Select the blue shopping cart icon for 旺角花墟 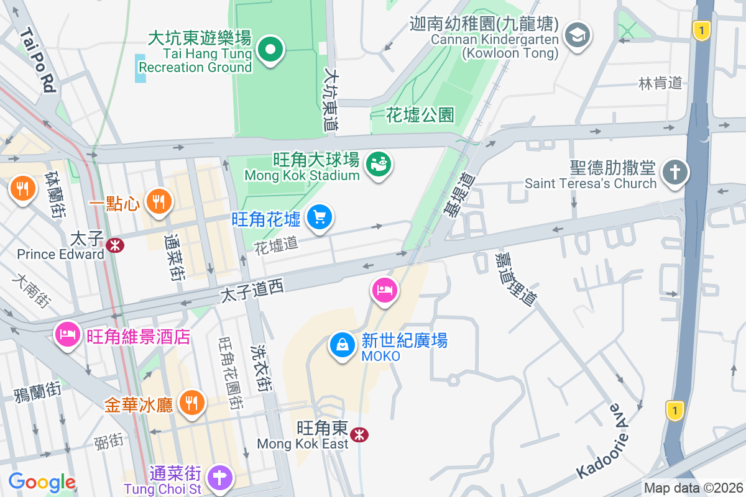pyautogui.click(x=320, y=217)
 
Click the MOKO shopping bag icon pyautogui.click(x=342, y=345)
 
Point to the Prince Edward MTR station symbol pyautogui.click(x=114, y=245)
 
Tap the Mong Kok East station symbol pyautogui.click(x=358, y=434)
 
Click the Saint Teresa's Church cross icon pyautogui.click(x=674, y=171)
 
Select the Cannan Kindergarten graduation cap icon pyautogui.click(x=578, y=34)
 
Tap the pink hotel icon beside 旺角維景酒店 pyautogui.click(x=67, y=335)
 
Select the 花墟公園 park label pyautogui.click(x=420, y=115)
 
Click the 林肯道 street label pyautogui.click(x=660, y=83)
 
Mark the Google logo pyautogui.click(x=42, y=482)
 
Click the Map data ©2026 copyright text pyautogui.click(x=693, y=488)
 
